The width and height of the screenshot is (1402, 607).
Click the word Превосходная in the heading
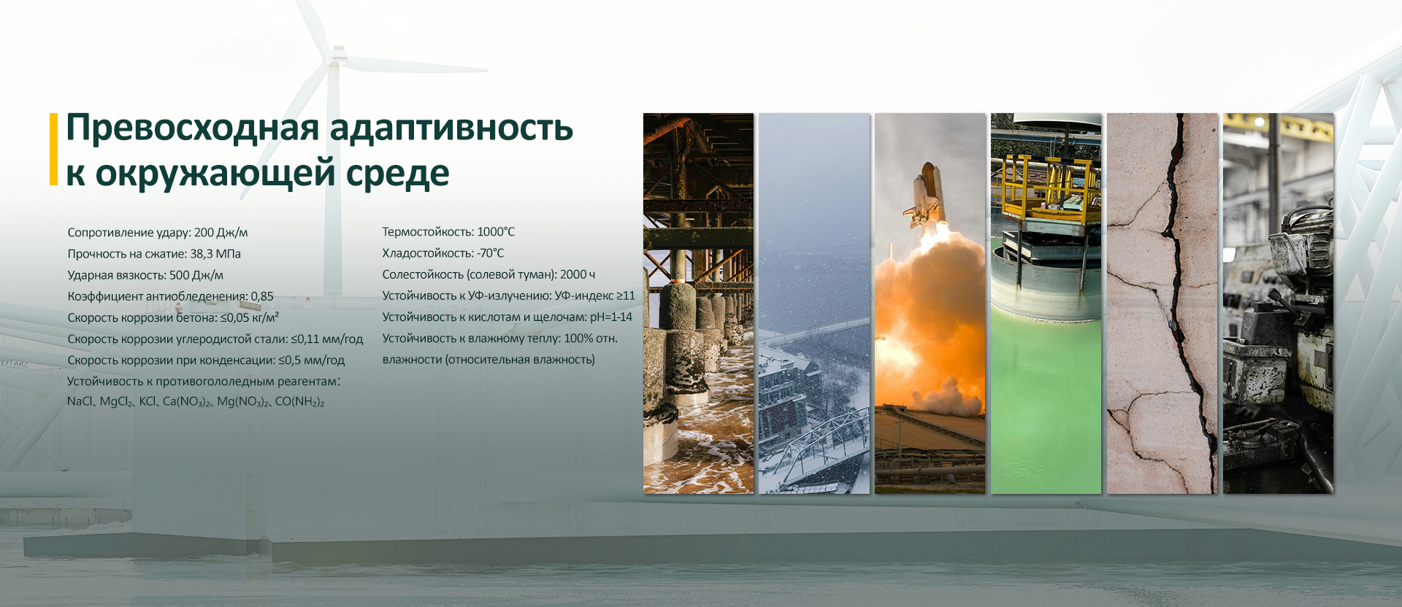pos(193,129)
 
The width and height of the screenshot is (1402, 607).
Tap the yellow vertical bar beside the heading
pos(53,149)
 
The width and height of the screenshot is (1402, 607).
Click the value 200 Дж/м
pos(221,233)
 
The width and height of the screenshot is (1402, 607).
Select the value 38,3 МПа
pos(215,254)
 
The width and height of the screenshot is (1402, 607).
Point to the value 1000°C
pos(496,232)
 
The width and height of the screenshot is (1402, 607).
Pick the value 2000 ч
pos(578,274)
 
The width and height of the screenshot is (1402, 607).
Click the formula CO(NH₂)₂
pos(299,402)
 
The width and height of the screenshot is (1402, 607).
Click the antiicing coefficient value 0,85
pos(262,296)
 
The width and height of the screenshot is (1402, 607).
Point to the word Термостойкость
pos(427,232)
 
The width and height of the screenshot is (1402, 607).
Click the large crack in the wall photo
pos(1182,292)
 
